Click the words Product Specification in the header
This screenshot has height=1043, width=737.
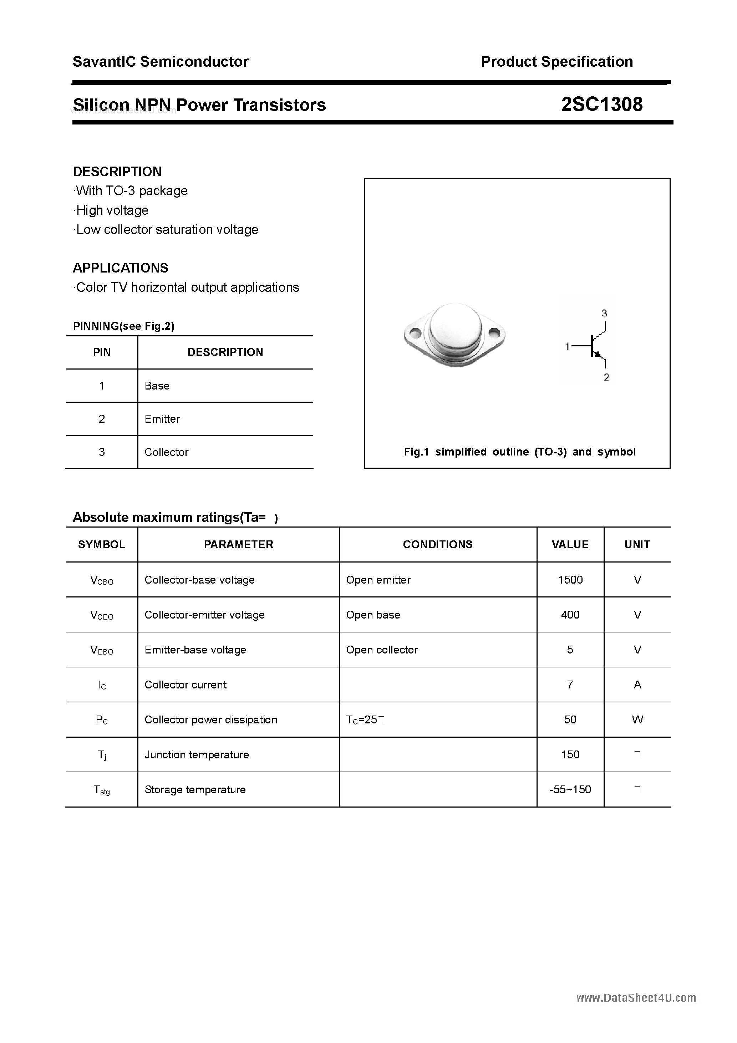point(556,61)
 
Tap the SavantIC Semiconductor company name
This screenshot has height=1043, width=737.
point(161,61)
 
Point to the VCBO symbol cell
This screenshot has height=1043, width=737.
point(101,580)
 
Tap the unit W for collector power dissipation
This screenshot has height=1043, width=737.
point(637,719)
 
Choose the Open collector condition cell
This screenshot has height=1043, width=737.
point(382,650)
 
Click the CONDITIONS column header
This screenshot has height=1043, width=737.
point(438,544)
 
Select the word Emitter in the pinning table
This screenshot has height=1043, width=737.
point(162,419)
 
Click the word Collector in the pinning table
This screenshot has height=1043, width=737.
point(166,452)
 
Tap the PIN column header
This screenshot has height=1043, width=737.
point(102,352)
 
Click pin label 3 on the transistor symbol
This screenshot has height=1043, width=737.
point(604,313)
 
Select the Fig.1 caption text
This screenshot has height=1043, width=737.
point(519,452)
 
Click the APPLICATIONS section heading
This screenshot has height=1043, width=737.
point(121,268)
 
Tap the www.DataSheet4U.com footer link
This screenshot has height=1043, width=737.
point(636,998)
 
